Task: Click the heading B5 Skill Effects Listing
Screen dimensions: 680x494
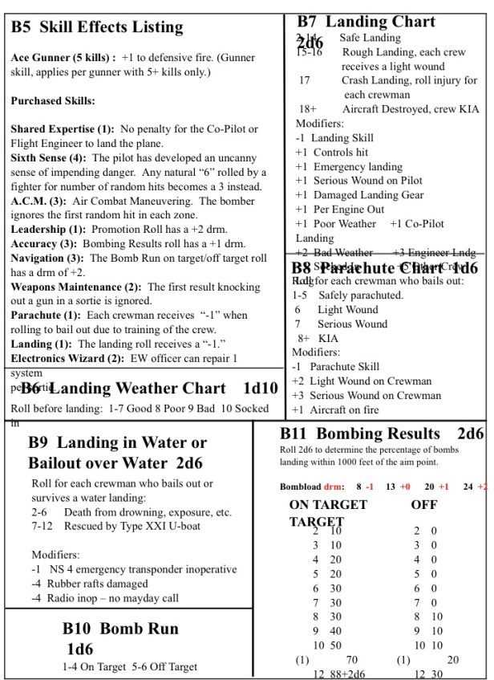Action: [97, 27]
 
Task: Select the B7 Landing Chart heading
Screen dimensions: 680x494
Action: [366, 22]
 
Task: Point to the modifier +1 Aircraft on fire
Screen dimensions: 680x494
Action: [348, 409]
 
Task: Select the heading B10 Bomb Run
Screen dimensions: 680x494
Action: [120, 629]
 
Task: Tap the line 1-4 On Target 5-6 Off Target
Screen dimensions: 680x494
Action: [130, 666]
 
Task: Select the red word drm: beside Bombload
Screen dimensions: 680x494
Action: [334, 487]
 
